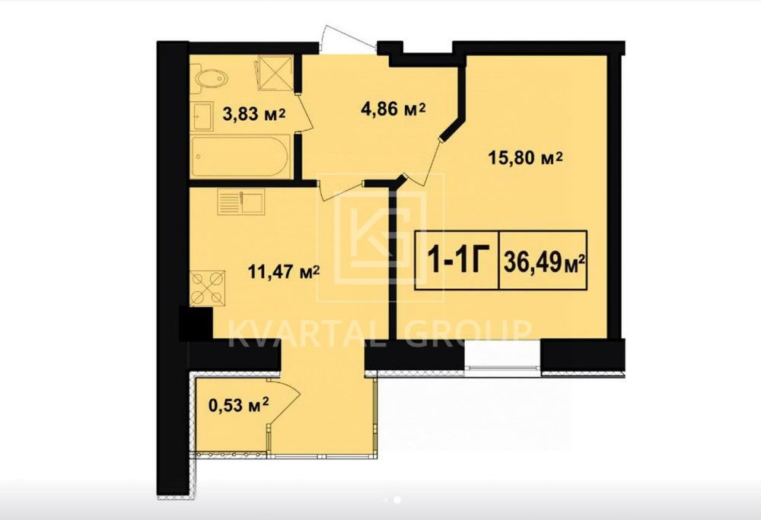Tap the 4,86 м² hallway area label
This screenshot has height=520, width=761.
[393, 109]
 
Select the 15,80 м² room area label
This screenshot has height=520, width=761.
[525, 157]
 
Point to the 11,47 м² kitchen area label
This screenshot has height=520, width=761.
[283, 271]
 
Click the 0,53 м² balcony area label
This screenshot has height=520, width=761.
[238, 404]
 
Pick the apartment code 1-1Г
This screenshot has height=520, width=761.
[456, 260]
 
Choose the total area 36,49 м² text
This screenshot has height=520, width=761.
[543, 262]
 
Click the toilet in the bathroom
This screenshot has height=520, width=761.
[212, 78]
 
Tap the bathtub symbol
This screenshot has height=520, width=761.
[241, 157]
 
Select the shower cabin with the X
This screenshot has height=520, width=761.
[275, 73]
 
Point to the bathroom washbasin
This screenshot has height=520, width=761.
[202, 116]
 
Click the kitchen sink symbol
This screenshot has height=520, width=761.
[241, 202]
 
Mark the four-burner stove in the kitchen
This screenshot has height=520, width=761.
[207, 288]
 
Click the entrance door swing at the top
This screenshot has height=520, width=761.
[348, 34]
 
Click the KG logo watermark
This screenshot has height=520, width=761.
[380, 237]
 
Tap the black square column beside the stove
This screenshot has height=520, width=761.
[196, 323]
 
